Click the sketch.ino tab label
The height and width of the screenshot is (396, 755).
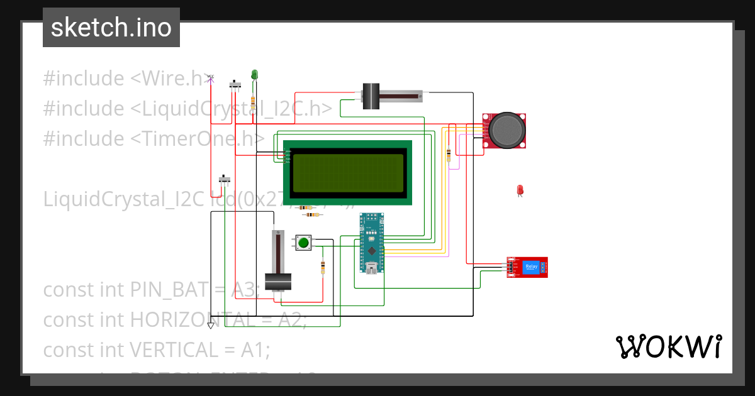(111, 28)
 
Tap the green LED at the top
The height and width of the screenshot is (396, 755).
(254, 75)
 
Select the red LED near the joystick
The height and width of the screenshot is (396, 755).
(520, 190)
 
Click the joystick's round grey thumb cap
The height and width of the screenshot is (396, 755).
(506, 129)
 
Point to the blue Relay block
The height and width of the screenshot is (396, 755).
(531, 267)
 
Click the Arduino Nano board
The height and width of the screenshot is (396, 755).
(371, 243)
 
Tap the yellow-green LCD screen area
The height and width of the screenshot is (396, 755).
(347, 173)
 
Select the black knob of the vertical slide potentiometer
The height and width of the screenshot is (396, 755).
(277, 282)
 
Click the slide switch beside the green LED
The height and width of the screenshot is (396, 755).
(237, 85)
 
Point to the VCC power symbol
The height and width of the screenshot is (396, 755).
(211, 78)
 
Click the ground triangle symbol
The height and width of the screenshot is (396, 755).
(211, 325)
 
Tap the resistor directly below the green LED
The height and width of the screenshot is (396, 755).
(254, 102)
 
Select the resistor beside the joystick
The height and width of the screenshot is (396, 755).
(448, 154)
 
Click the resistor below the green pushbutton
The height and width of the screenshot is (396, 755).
(323, 267)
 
